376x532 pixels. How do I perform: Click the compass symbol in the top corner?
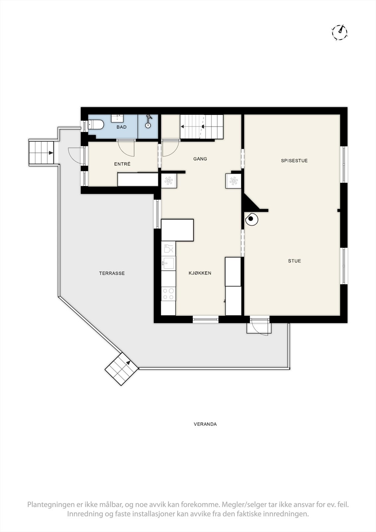tap(339, 32)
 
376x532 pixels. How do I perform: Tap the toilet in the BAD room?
tap(96, 125)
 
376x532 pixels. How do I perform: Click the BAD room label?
tap(121, 127)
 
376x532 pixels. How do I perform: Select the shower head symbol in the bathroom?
tap(148, 121)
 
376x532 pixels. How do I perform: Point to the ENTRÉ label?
tap(122, 164)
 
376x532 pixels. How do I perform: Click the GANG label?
tap(200, 159)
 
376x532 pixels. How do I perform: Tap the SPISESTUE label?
tap(294, 161)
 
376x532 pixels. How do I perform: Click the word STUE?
tap(294, 261)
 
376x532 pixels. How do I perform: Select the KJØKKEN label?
tap(200, 273)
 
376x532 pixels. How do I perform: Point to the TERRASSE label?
tap(112, 273)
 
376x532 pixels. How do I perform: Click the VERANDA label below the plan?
tap(205, 424)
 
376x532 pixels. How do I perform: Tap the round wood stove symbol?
tap(251, 219)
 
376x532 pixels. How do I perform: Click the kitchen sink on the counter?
tap(168, 264)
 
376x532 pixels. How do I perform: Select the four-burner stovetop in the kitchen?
tap(168, 294)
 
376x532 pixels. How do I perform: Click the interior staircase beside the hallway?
tap(201, 127)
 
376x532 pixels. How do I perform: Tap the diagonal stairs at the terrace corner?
tap(121, 369)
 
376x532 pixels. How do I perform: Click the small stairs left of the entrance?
tap(42, 153)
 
